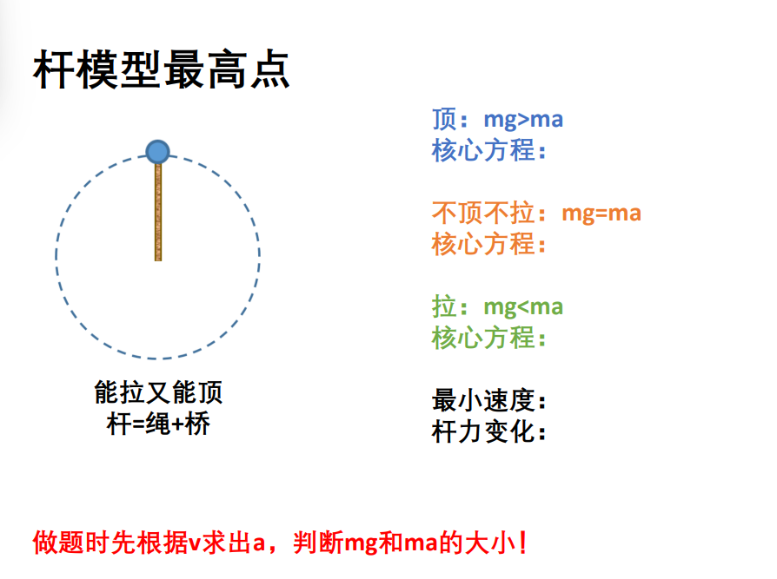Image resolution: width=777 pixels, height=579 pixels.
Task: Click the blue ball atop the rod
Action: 157,152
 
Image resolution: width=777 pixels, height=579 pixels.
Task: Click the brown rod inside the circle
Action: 158,212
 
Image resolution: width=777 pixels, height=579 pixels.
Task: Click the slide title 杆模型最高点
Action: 161,69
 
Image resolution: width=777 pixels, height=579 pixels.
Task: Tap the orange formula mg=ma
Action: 601,214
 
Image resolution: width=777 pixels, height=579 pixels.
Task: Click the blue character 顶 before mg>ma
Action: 444,119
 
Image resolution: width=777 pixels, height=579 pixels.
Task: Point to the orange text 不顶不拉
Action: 482,213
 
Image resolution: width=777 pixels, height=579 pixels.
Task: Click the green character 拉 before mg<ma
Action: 444,306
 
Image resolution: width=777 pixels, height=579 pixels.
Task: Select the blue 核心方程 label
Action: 483,150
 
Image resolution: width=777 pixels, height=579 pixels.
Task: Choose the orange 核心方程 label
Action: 483,244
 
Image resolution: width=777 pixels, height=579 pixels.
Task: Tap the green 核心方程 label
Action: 483,338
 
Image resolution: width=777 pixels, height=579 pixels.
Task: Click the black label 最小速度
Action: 483,400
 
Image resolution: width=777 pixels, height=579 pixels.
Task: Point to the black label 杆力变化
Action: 483,431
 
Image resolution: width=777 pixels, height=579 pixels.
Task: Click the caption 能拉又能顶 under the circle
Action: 158,392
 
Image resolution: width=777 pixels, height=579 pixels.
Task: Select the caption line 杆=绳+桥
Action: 158,424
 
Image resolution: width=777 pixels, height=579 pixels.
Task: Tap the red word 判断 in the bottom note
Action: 318,543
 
